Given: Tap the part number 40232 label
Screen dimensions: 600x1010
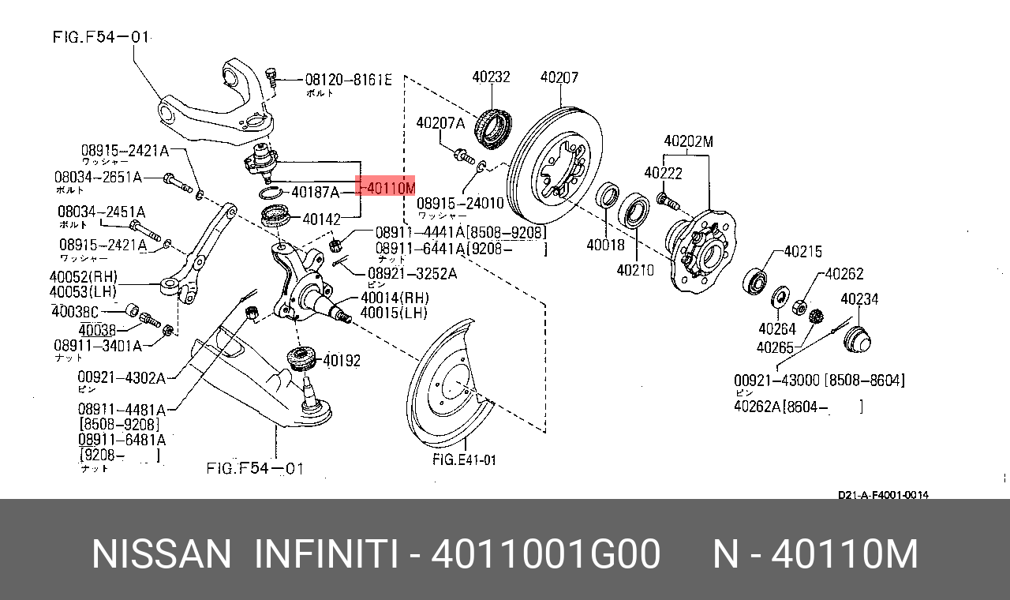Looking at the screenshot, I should [x=491, y=77].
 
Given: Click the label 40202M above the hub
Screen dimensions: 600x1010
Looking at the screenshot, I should [x=688, y=142].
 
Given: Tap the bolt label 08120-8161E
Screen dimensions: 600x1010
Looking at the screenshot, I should [x=348, y=80].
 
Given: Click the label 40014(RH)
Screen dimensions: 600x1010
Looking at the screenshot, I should [x=395, y=298].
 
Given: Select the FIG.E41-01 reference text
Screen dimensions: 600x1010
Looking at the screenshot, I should [x=464, y=459].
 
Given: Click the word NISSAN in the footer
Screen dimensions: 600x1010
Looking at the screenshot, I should [x=161, y=554].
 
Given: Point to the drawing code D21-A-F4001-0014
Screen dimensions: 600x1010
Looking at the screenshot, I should [x=883, y=495].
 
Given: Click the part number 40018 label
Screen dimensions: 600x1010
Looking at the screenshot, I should [x=605, y=246].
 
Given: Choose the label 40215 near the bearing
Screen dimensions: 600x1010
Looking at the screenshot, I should [x=802, y=252].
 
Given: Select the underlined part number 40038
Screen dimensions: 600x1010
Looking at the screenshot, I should [x=97, y=330].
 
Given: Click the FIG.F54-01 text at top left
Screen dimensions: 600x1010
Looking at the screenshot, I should [x=101, y=37].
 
